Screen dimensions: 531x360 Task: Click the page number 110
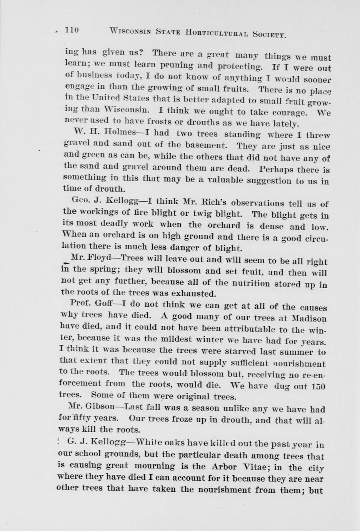(72, 30)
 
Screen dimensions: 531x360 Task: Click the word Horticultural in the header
(218, 33)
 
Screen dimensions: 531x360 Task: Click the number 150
(318, 385)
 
